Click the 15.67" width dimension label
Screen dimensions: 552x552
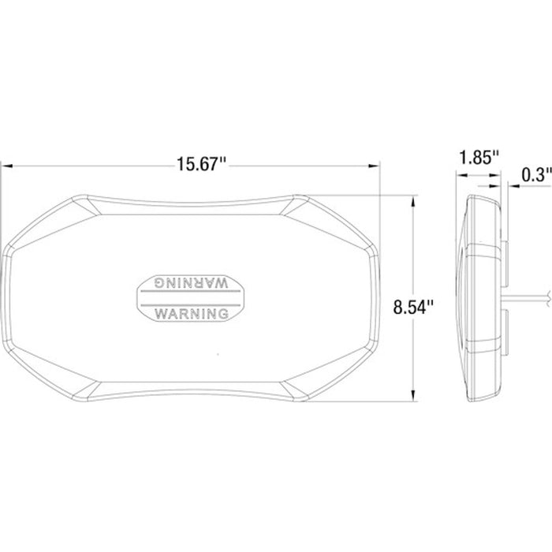201,164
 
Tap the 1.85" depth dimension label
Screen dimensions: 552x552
479,157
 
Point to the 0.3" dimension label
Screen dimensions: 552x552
536,174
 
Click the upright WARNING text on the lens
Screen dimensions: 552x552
192,314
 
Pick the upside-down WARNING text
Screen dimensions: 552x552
192,282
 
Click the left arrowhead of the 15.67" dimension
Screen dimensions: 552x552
7,166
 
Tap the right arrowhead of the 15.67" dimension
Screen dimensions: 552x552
374,166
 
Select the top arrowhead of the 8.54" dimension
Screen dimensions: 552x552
413,202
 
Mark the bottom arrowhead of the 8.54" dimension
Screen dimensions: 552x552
413,394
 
